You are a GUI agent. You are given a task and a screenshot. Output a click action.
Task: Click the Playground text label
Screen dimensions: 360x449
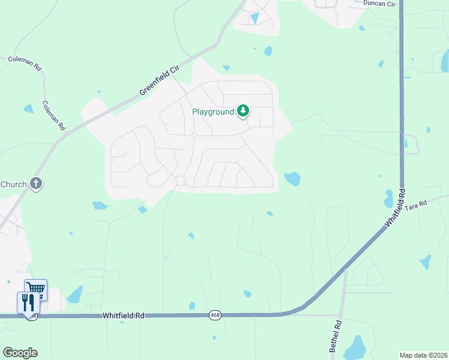coord(212,112)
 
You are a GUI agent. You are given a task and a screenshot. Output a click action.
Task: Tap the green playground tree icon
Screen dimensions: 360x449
coord(243,110)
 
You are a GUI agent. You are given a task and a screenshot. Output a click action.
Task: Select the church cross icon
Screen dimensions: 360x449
coord(36,184)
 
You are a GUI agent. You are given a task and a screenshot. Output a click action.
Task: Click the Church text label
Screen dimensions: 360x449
coord(13,184)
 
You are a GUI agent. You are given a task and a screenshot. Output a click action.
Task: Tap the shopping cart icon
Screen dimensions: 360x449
coord(36,289)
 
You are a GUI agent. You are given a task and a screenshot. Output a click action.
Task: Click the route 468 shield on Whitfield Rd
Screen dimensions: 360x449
coord(215,315)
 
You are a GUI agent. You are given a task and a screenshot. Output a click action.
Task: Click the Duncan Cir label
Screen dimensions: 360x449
coord(379,4)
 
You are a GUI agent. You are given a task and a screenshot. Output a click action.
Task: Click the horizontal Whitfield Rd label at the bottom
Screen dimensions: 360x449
coord(124,315)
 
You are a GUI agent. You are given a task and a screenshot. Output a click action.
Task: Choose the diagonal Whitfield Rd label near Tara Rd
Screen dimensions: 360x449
coord(396,208)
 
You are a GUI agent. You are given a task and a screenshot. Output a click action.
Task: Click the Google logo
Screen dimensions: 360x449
coord(20,353)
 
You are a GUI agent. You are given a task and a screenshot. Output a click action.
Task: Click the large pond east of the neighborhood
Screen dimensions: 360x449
coord(292,178)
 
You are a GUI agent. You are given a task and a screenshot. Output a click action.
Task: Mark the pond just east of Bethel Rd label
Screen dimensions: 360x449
coord(356,347)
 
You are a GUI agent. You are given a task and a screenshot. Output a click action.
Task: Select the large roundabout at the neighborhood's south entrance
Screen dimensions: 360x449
coord(180,181)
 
